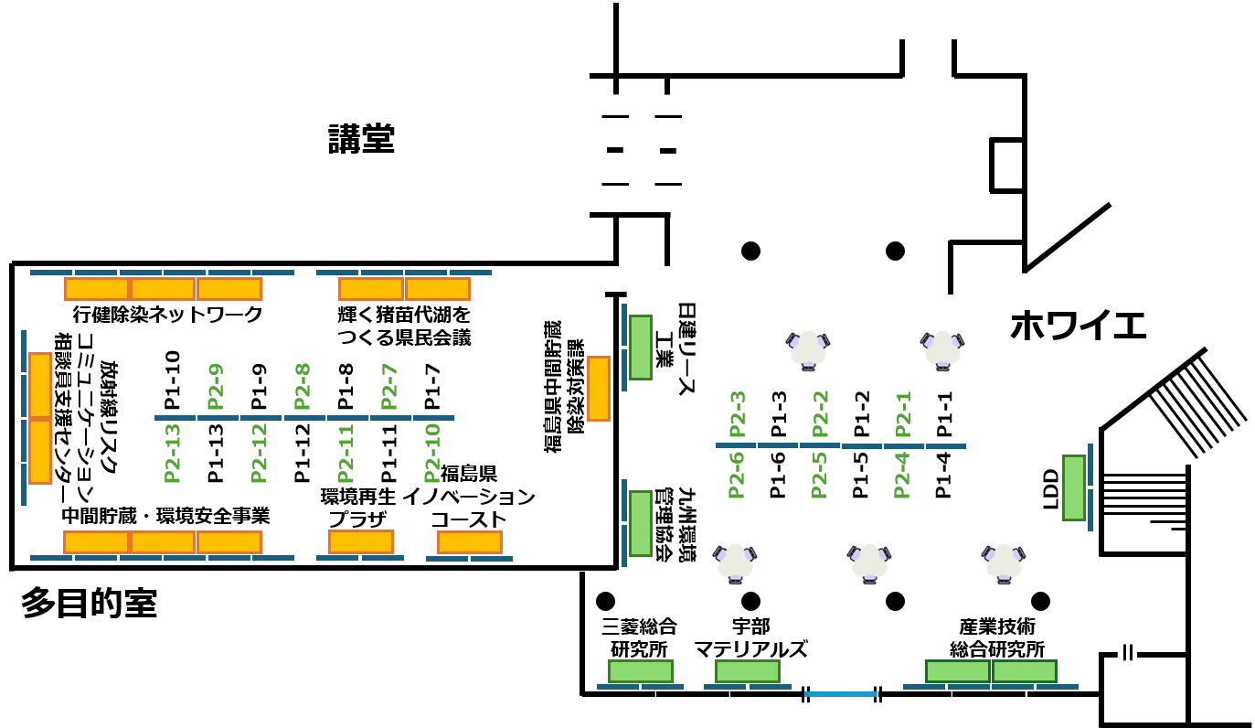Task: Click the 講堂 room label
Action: point(361,139)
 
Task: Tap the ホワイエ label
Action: point(1078,326)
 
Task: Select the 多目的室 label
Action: point(89,603)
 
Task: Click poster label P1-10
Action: point(173,380)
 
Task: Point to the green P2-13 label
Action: point(173,454)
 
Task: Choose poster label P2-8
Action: point(302,387)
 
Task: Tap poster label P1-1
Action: point(944,414)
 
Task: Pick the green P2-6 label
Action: point(736,476)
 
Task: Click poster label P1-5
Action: point(860,476)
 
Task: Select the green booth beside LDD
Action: point(1074,487)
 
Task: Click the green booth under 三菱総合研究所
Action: point(641,671)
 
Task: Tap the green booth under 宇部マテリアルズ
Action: point(748,671)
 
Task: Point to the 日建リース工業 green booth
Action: point(641,348)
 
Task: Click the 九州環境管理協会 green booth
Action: point(641,523)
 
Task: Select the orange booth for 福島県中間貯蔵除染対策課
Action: point(599,389)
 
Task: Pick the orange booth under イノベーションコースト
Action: point(470,542)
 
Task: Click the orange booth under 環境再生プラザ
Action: point(361,542)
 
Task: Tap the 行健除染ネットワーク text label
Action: point(167,314)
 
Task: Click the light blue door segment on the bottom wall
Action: point(841,694)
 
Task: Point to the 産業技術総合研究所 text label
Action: point(997,637)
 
